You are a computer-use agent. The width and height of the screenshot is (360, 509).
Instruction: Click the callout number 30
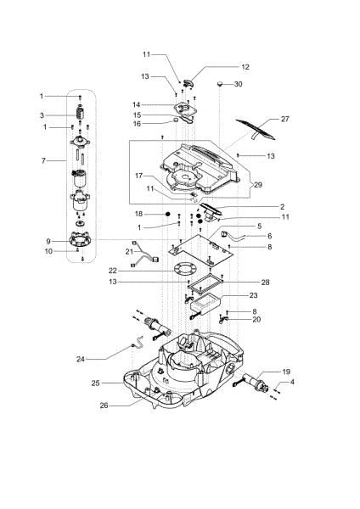(238, 84)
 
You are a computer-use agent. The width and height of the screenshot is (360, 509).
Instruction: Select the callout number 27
(284, 120)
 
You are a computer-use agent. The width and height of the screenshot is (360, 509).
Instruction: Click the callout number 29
(258, 184)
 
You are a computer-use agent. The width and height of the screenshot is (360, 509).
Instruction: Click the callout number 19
(286, 372)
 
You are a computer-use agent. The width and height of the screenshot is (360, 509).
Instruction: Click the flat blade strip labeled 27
(252, 127)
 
